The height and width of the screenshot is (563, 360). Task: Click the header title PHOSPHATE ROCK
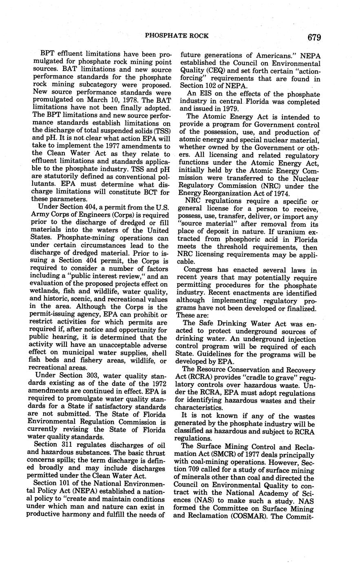click(177, 36)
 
